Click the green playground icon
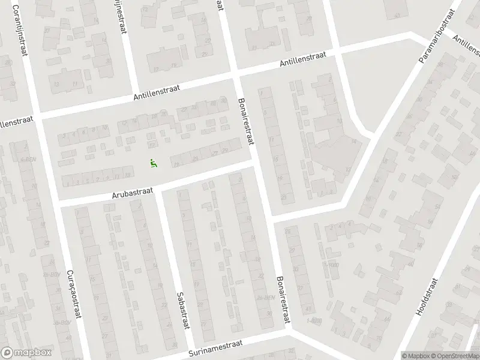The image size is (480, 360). click(153, 161)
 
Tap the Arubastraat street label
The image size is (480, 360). click(133, 193)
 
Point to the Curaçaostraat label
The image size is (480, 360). click(74, 304)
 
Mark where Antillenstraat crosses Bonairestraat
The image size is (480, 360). click(235, 76)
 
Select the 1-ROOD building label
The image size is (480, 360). click(313, 320)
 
